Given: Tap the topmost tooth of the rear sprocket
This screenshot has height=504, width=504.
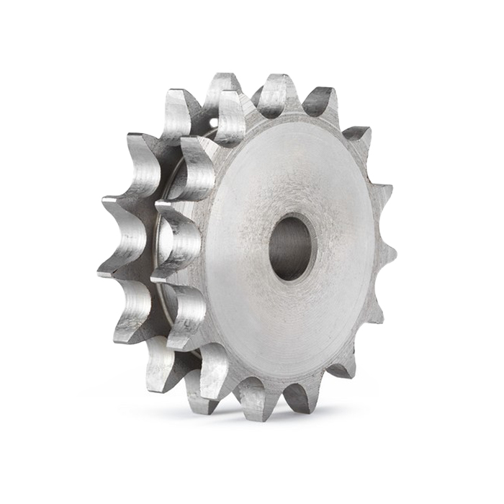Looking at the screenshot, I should pyautogui.click(x=222, y=88).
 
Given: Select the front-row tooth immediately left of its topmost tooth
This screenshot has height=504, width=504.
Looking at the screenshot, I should pyautogui.click(x=232, y=115).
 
